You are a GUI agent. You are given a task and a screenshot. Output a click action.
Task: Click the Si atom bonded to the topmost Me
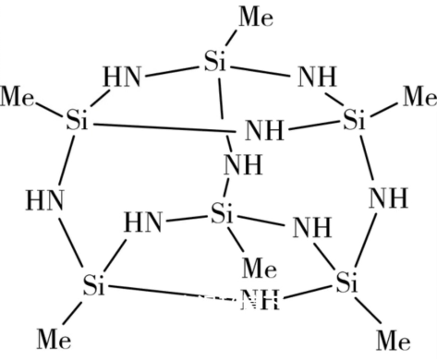click(215, 63)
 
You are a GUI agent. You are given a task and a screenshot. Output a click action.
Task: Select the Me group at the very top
click(258, 15)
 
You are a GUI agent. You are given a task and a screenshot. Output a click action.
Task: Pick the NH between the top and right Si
click(317, 77)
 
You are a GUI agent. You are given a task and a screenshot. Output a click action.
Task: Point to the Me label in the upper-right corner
click(419, 95)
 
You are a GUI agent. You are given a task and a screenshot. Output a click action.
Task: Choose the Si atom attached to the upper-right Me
click(356, 120)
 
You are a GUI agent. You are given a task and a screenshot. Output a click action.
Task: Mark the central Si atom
click(223, 214)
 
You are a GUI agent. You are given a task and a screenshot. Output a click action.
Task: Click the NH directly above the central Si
click(242, 167)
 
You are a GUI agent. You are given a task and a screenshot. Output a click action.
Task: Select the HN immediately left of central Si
click(143, 222)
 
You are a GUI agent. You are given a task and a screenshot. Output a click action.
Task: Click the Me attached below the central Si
click(259, 269)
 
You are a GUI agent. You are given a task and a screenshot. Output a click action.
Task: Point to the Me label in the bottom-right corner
click(393, 339)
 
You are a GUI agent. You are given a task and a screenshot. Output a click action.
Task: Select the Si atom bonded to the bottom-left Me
click(92, 284)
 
